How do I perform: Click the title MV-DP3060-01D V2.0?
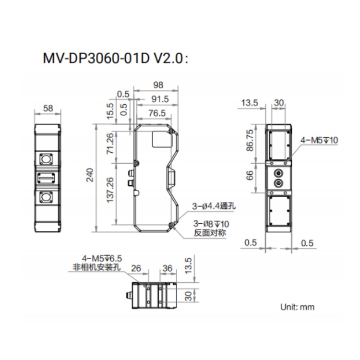(x=115, y=59)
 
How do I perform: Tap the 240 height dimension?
(x=90, y=175)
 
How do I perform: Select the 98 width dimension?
(x=158, y=85)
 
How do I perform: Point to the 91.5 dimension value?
(x=160, y=99)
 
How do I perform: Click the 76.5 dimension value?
(x=157, y=113)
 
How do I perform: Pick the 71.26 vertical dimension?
(x=110, y=144)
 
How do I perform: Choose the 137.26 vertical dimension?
(x=110, y=190)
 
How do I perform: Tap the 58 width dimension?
(x=48, y=108)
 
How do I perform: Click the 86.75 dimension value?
(x=250, y=140)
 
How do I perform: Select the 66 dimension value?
(x=250, y=175)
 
